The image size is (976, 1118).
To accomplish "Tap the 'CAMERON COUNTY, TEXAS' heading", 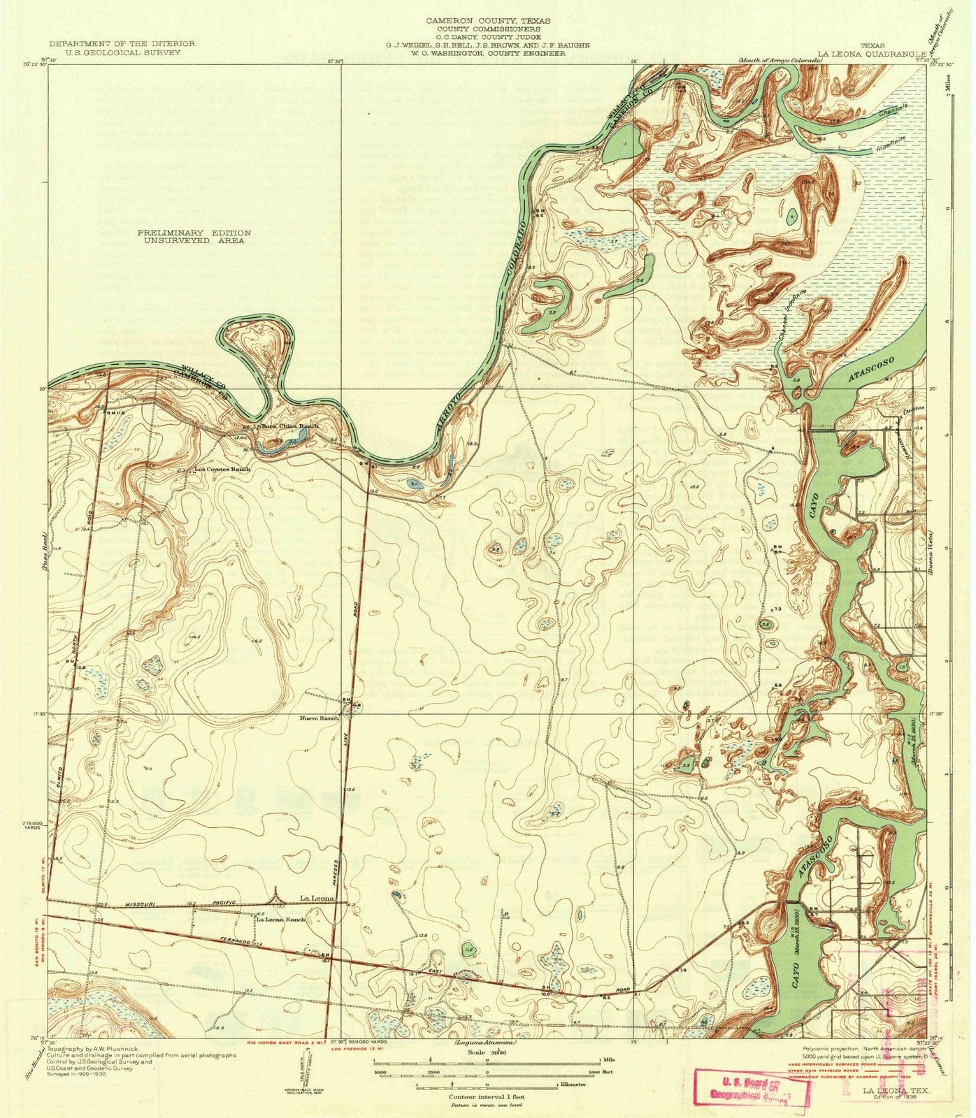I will click(x=488, y=21).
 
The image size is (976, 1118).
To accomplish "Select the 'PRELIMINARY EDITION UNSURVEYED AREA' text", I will click(x=194, y=236).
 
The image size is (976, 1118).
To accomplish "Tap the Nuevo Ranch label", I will click(x=319, y=718).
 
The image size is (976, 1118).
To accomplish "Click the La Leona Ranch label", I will click(x=281, y=920).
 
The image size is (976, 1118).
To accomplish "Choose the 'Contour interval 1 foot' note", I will click(x=487, y=1098).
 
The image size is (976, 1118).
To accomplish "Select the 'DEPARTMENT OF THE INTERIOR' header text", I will click(x=127, y=44).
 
